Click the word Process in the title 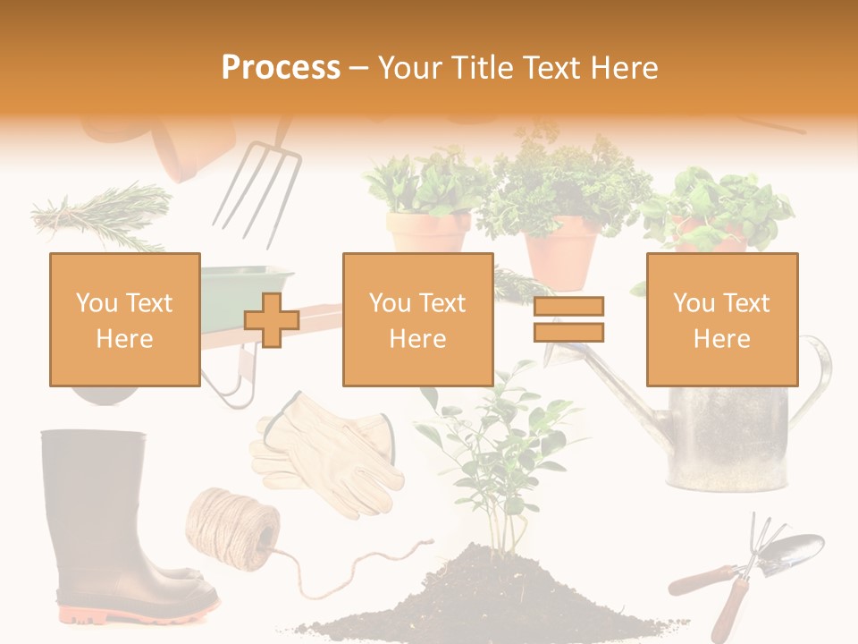coord(281,67)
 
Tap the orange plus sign coord(272,320)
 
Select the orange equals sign coord(568,319)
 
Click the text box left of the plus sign coord(124,319)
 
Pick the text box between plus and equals coord(417,319)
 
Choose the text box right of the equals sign coord(721,319)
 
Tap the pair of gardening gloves coord(326,452)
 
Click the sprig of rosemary coord(103,215)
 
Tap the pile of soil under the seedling coord(500,599)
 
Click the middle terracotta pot coord(560,250)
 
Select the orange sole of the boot coord(134,614)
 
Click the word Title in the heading coord(484,67)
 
